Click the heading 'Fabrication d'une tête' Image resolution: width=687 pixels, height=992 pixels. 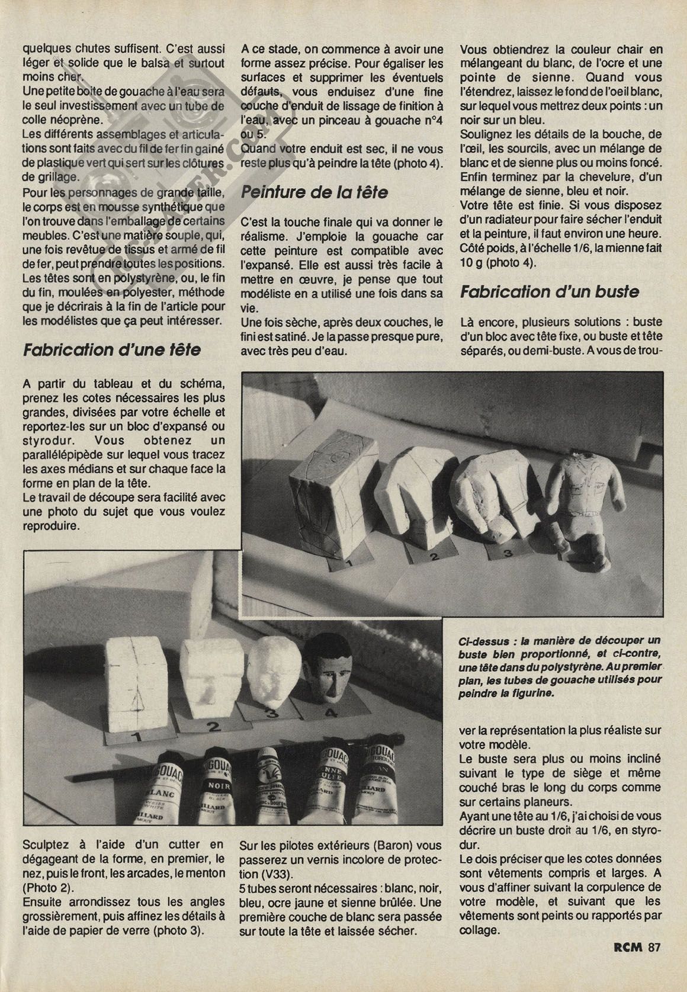[111, 350]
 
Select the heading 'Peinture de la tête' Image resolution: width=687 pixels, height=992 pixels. [315, 192]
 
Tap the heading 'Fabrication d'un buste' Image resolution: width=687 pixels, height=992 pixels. [550, 291]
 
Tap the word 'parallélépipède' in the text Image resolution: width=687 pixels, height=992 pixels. [62, 455]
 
